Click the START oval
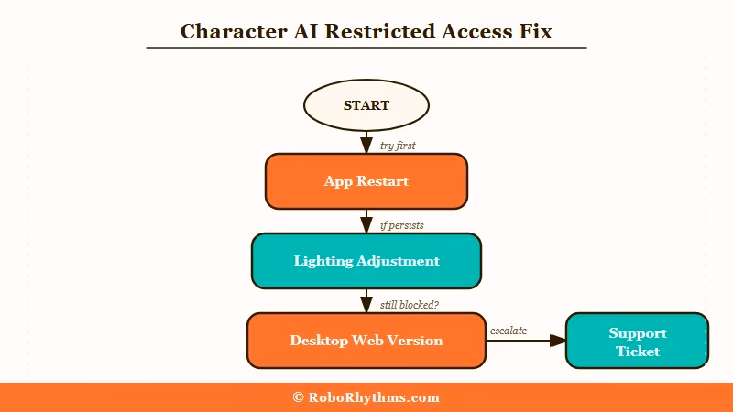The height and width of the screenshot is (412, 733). coord(366,105)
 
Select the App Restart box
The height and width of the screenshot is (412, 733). coord(366,181)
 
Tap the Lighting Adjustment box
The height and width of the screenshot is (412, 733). coord(366,261)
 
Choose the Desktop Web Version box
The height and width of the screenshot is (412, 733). coord(366,341)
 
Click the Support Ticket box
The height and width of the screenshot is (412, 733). coord(637,342)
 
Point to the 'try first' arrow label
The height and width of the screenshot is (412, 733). coord(398,146)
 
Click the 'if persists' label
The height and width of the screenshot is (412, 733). coord(401,225)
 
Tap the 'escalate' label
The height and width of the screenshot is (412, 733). coord(509,331)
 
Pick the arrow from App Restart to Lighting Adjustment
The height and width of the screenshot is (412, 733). coord(366,221)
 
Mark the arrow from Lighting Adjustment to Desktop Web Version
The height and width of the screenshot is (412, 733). coord(366,300)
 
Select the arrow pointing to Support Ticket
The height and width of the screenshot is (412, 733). coord(526,341)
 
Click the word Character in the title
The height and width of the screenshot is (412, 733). coord(229,31)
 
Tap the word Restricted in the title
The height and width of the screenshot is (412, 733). coord(364,31)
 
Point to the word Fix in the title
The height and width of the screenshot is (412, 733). coord(535,31)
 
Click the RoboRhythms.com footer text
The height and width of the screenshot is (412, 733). coord(374,397)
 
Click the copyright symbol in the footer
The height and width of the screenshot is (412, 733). coord(299,397)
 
